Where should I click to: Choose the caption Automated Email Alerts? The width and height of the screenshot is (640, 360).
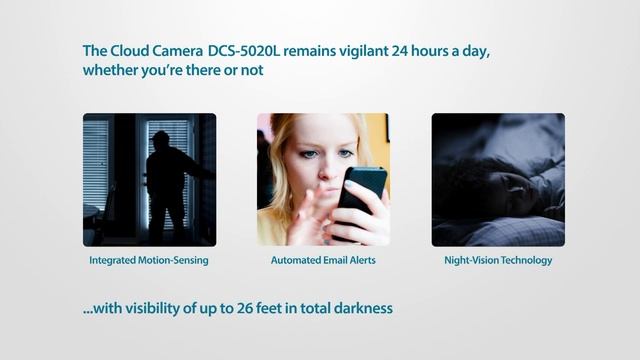322,261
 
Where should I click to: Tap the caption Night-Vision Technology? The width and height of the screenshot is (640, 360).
497,261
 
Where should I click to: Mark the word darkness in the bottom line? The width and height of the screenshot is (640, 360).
359,309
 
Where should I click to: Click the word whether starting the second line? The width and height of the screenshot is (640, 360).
111,72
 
